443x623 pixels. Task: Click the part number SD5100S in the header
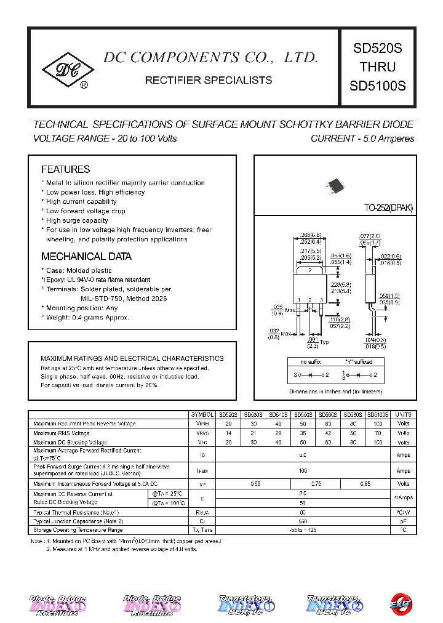377,86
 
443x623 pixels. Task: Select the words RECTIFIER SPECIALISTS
208,80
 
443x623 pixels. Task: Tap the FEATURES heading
65,169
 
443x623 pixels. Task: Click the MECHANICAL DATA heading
86,256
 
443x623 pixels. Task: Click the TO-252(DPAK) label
388,209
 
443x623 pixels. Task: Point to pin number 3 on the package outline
321,300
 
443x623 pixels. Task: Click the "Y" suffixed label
359,362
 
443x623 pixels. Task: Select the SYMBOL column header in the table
202,415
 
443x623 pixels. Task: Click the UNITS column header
403,415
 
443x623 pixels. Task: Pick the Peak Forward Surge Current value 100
302,470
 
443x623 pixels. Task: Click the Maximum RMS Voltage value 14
228,433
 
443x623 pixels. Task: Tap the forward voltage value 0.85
365,484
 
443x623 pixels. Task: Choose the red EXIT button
401,605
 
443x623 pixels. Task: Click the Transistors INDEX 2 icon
335,606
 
